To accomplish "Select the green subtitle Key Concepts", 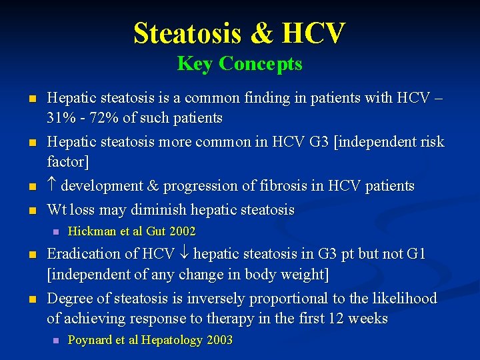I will [x=239, y=64].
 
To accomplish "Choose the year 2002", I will [x=181, y=231].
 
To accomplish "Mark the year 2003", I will [x=219, y=340].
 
